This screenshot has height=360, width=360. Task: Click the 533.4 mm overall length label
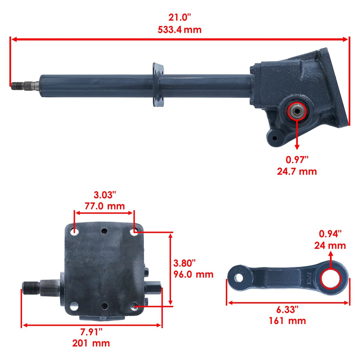pyautogui.click(x=179, y=30)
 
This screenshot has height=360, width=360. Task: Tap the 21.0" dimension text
pyautogui.click(x=180, y=18)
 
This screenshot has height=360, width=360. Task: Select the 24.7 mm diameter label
pyautogui.click(x=297, y=172)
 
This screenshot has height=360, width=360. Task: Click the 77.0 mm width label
pyautogui.click(x=105, y=206)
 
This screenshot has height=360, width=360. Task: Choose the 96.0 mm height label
pyautogui.click(x=193, y=274)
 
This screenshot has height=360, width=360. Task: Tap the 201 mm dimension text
pyautogui.click(x=91, y=343)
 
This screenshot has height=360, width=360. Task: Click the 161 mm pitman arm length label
pyautogui.click(x=287, y=321)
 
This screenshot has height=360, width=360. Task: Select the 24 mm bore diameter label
pyautogui.click(x=330, y=245)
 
